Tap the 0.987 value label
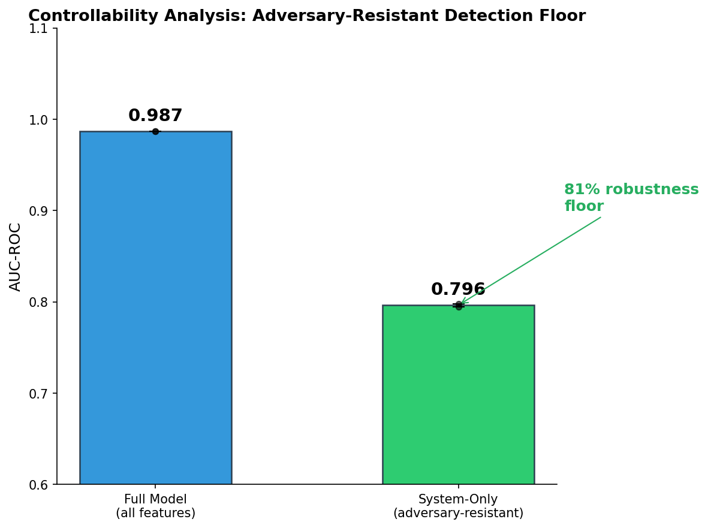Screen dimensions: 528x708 click(155, 116)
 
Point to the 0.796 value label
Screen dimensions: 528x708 click(458, 289)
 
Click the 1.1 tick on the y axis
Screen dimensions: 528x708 click(41, 28)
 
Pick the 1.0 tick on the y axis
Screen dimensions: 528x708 click(41, 120)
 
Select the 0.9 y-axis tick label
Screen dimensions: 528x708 click(41, 211)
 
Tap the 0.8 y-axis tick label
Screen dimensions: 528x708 click(41, 302)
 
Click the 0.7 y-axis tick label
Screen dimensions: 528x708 click(41, 393)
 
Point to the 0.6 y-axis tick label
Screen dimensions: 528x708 click(41, 484)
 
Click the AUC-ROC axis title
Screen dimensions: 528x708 click(16, 257)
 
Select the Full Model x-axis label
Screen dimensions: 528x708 click(155, 506)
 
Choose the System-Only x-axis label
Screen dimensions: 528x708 click(458, 506)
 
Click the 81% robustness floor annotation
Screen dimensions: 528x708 click(631, 198)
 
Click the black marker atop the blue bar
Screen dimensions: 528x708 click(155, 131)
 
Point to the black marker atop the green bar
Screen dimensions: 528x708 click(459, 306)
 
